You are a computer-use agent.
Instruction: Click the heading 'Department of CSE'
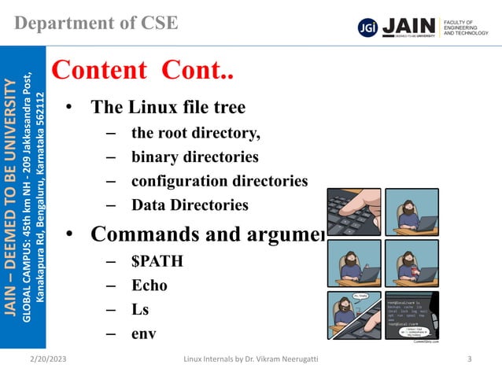pos(96,22)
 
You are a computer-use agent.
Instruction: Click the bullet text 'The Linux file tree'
pos(168,107)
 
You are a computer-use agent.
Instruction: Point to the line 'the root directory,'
pos(195,132)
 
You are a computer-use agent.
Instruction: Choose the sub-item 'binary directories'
pos(194,157)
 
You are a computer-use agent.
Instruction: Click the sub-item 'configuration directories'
pos(219,181)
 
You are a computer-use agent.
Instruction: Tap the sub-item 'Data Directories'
pos(190,205)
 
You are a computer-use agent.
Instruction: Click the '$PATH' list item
pos(157,260)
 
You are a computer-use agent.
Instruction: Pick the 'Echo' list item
pos(149,285)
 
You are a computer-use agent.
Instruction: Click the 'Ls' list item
pos(140,309)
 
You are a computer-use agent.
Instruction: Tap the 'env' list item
pos(143,334)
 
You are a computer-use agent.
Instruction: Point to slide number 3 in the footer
pos(469,360)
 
